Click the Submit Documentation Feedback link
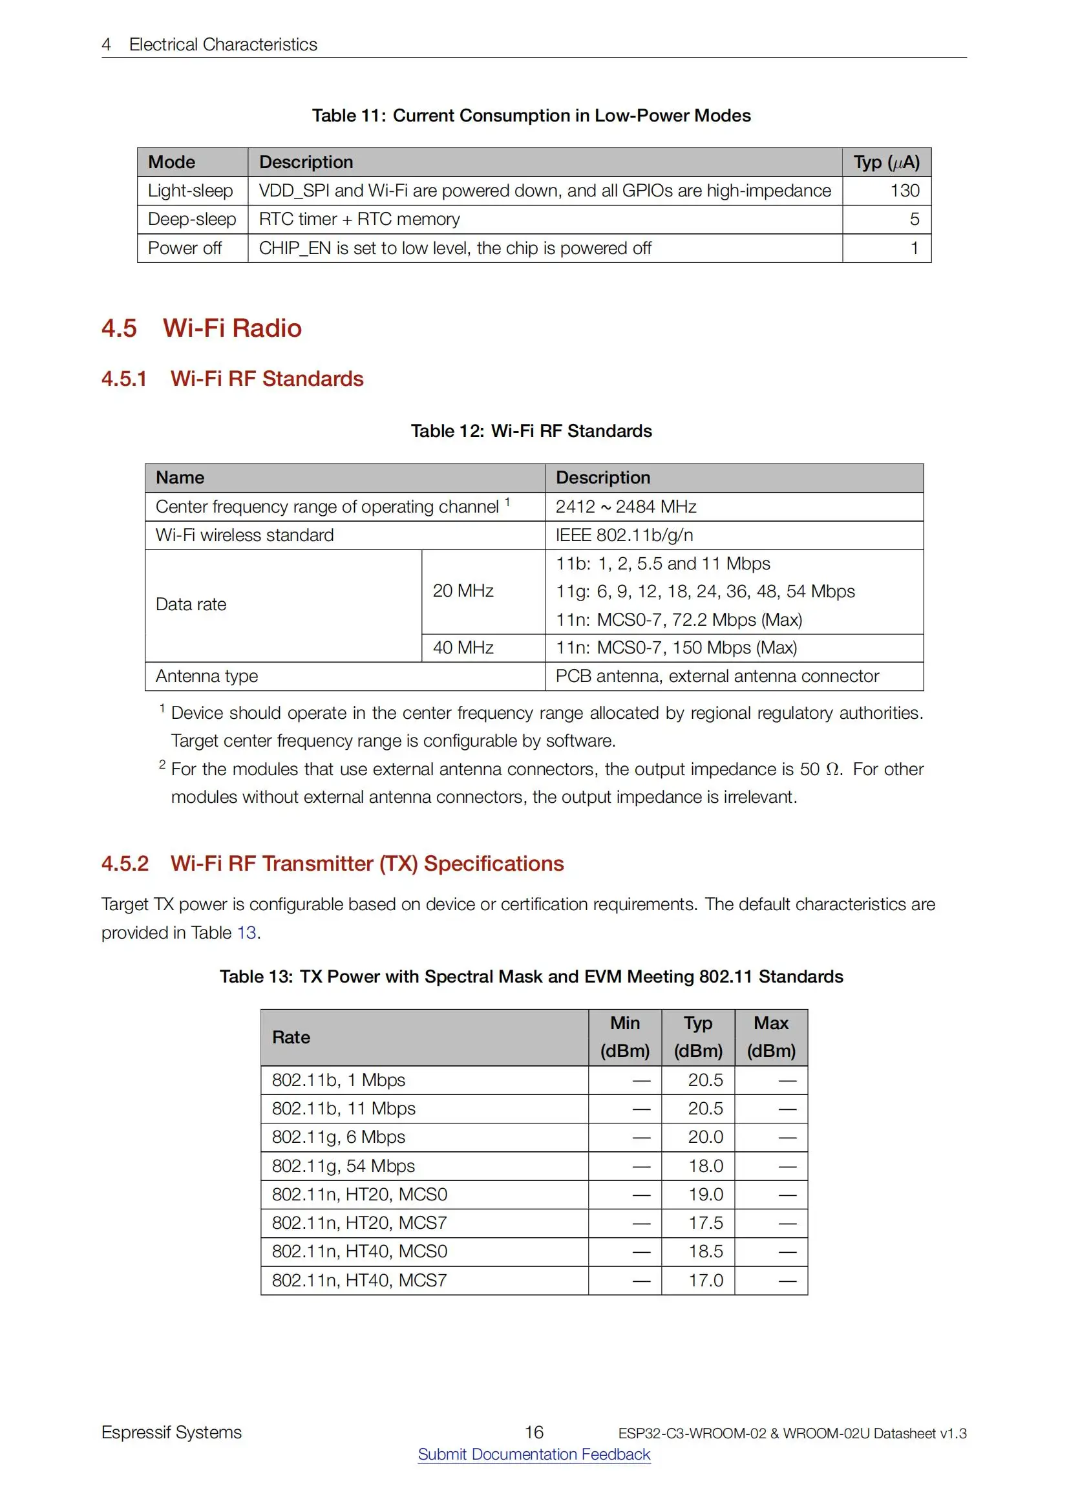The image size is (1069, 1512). (534, 1454)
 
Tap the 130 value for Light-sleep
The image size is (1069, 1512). (904, 191)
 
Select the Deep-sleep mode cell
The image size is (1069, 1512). (191, 219)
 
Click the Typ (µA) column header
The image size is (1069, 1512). (886, 162)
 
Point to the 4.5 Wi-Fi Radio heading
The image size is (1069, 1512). (202, 328)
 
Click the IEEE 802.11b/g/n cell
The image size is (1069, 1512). (624, 535)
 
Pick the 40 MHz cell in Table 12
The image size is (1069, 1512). (463, 647)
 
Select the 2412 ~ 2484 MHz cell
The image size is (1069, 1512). (626, 506)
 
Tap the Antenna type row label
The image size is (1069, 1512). (207, 676)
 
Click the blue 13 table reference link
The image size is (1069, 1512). (246, 933)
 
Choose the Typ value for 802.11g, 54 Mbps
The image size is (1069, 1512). (705, 1166)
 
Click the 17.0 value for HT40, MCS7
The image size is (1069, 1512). (705, 1280)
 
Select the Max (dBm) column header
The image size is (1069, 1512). (771, 1037)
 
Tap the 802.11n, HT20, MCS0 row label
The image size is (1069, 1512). (359, 1194)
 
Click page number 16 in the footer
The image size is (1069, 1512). (534, 1432)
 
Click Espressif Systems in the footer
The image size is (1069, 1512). (171, 1432)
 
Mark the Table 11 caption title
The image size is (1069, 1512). (531, 116)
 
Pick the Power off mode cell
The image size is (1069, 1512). (184, 248)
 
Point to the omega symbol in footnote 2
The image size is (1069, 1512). (832, 769)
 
